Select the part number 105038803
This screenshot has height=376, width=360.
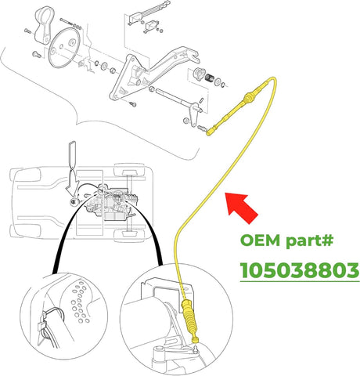coord(300,271)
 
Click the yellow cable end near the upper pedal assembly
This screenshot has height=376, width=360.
coord(211,132)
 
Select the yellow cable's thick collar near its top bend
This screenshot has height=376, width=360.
coord(250,98)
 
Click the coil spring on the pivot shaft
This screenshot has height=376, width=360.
coord(210,76)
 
